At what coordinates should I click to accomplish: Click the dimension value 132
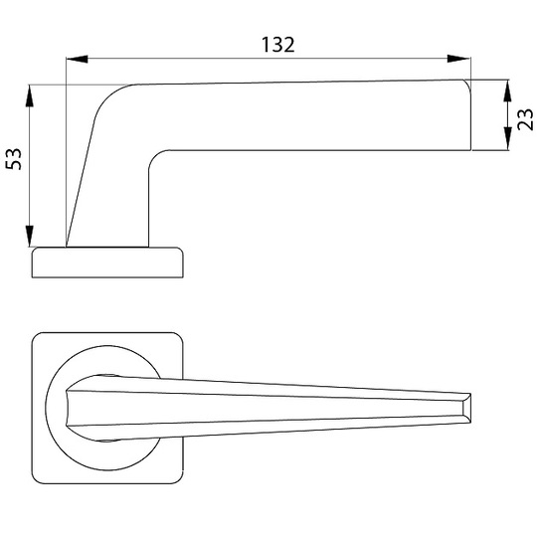[x=277, y=45]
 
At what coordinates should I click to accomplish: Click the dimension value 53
[x=14, y=159]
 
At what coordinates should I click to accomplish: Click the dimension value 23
[x=525, y=119]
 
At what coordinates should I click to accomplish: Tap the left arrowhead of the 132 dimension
[x=77, y=59]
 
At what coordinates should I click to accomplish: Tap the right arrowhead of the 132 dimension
[x=458, y=59]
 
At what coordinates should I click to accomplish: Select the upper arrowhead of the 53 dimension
[x=30, y=96]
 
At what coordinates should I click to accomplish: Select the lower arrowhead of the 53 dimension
[x=30, y=236]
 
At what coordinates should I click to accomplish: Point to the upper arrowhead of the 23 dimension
[x=507, y=91]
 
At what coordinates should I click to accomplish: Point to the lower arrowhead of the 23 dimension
[x=507, y=138]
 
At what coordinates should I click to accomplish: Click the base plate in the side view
[x=107, y=263]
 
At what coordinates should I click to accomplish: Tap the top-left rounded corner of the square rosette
[x=37, y=337]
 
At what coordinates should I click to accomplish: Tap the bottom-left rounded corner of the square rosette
[x=37, y=478]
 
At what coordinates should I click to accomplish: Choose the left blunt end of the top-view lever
[x=68, y=408]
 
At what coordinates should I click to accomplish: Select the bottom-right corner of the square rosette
[x=179, y=479]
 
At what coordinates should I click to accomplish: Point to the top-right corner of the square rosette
[x=179, y=337]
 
